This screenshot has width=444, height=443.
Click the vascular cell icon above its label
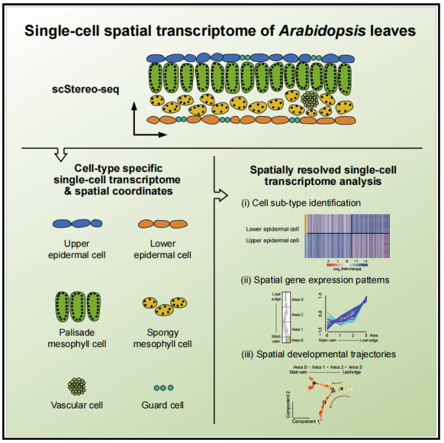tap(78, 386)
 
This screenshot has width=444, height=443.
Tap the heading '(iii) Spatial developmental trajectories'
tap(310, 355)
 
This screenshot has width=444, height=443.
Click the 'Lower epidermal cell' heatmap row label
tap(273, 229)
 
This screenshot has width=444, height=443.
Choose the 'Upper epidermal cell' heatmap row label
tap(273, 242)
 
